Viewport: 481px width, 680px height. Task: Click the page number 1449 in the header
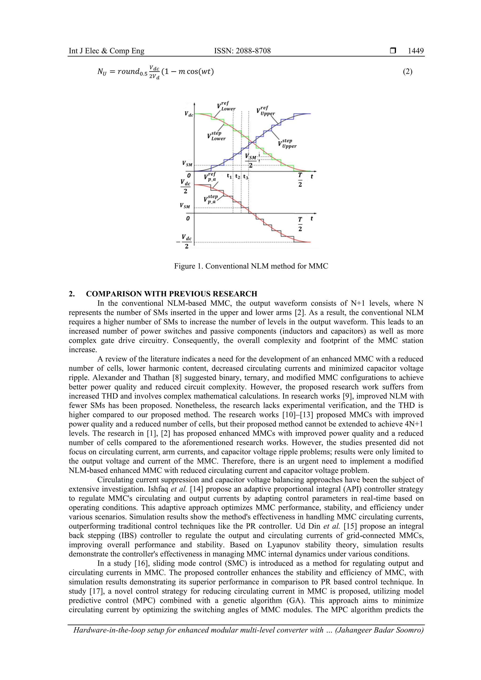pyautogui.click(x=415, y=51)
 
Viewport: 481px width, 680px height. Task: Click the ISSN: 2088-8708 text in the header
pyautogui.click(x=242, y=51)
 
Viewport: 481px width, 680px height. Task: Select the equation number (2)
pyautogui.click(x=407, y=71)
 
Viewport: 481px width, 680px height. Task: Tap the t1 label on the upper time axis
pyautogui.click(x=229, y=176)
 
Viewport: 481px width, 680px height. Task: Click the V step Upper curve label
pyautogui.click(x=287, y=144)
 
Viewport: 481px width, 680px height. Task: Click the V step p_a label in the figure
pyautogui.click(x=211, y=199)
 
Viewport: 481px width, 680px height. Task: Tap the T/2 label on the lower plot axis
pyautogui.click(x=300, y=224)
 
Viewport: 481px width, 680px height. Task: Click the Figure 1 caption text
pyautogui.click(x=251, y=266)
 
